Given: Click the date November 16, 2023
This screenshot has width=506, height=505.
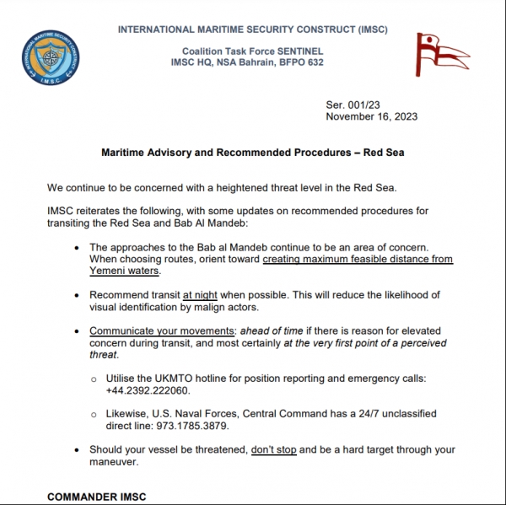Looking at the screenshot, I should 371,117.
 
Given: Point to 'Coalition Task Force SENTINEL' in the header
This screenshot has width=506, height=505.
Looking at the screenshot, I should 252,51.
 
